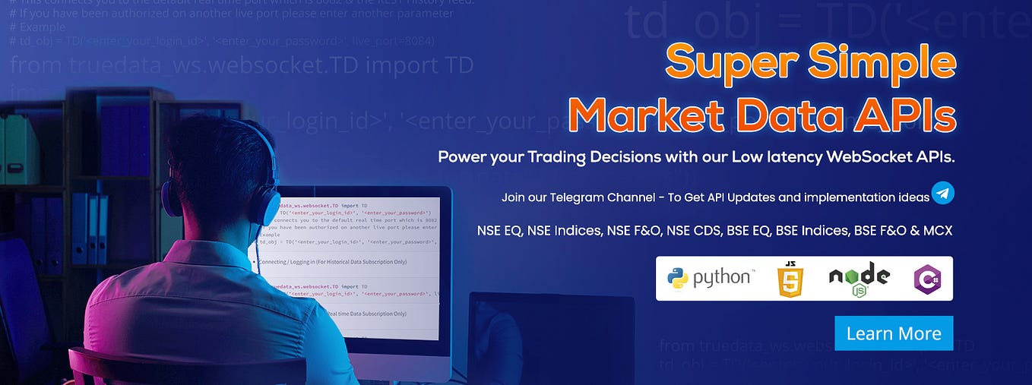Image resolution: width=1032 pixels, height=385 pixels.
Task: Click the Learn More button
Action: click(x=894, y=333)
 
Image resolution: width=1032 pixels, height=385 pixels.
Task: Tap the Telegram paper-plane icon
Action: click(x=942, y=193)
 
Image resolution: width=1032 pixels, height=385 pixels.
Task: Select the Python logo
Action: click(x=710, y=278)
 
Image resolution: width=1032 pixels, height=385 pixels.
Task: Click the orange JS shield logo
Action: click(x=790, y=279)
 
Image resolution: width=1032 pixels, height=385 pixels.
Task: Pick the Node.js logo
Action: click(x=859, y=278)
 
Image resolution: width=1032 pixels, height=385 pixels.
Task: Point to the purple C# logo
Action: click(x=927, y=279)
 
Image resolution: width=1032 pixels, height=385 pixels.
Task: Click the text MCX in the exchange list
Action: click(x=936, y=230)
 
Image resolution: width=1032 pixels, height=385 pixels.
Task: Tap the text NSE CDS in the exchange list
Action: click(x=693, y=230)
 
